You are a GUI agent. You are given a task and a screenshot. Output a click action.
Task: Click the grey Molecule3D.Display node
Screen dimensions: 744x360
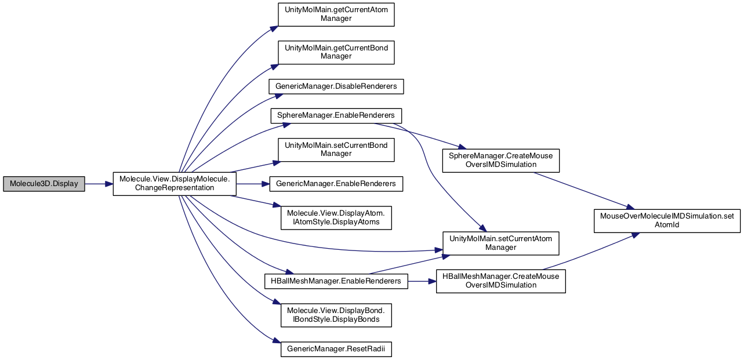click(x=44, y=184)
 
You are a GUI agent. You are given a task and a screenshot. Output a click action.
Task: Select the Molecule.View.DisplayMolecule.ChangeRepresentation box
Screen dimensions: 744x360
click(x=175, y=184)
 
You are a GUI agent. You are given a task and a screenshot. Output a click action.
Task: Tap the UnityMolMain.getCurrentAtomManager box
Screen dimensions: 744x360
click(x=336, y=14)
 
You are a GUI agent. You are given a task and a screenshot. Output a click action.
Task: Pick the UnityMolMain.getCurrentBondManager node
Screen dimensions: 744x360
click(x=336, y=53)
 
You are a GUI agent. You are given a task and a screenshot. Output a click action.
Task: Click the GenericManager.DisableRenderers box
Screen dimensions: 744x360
click(x=336, y=86)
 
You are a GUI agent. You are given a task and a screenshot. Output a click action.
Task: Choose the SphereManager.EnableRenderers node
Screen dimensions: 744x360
click(x=336, y=115)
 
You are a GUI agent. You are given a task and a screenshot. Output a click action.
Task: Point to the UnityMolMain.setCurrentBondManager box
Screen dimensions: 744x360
click(x=336, y=150)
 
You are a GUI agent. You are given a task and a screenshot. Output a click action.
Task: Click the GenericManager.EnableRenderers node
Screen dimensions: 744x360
click(x=336, y=184)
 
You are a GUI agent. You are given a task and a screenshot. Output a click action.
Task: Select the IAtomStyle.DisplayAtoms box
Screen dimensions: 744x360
click(x=336, y=218)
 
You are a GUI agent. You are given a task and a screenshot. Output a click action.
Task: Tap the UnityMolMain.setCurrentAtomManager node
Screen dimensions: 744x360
click(x=501, y=243)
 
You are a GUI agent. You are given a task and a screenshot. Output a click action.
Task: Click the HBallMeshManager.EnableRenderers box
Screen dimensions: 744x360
click(x=336, y=281)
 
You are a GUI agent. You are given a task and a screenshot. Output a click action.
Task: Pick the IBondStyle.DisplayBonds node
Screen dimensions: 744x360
click(x=336, y=315)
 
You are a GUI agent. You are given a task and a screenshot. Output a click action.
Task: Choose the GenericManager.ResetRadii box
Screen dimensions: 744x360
click(x=336, y=350)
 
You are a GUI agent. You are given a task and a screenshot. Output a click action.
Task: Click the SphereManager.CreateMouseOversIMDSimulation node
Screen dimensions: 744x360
click(x=501, y=161)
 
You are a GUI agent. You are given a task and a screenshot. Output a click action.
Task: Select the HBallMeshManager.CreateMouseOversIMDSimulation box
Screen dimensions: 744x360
click(x=501, y=281)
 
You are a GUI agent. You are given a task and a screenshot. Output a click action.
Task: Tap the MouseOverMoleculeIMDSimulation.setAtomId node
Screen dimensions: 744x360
click(x=667, y=221)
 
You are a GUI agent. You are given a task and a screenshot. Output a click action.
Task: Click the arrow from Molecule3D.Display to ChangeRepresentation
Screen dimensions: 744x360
click(x=99, y=184)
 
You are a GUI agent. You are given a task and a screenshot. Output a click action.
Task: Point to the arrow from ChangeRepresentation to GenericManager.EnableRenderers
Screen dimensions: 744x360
click(x=253, y=184)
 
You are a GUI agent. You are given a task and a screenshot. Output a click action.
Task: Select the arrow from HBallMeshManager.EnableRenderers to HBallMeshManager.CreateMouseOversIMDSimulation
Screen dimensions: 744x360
click(x=422, y=281)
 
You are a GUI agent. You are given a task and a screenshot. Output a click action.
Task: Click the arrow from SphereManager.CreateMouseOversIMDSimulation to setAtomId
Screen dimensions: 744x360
click(x=584, y=191)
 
